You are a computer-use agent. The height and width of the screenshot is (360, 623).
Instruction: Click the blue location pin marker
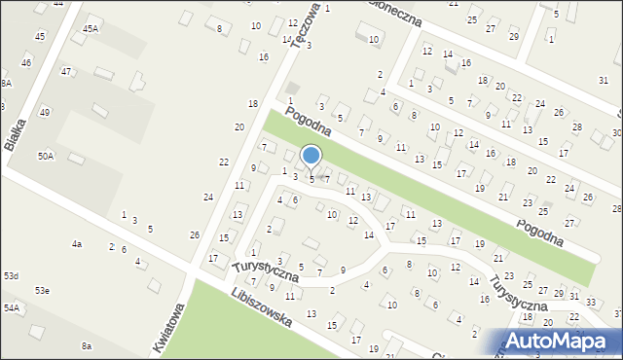pyautogui.click(x=311, y=156)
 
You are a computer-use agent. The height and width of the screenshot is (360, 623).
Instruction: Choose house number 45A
pyautogui.click(x=91, y=29)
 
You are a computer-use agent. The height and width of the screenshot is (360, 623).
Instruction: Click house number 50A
pyautogui.click(x=46, y=156)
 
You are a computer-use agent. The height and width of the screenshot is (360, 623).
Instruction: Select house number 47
pyautogui.click(x=66, y=71)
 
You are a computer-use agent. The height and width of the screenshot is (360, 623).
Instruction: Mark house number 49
pyautogui.click(x=44, y=113)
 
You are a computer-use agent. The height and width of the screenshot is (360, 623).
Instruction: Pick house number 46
pyautogui.click(x=26, y=62)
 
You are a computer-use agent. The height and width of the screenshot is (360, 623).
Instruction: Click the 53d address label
pyautogui.click(x=11, y=276)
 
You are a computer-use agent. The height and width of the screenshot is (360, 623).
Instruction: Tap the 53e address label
pyautogui.click(x=43, y=290)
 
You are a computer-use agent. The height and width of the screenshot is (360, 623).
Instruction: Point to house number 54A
pyautogui.click(x=11, y=307)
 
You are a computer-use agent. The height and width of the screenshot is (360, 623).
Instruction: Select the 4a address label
pyautogui.click(x=77, y=243)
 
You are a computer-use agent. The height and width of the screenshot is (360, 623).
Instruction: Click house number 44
pyautogui.click(x=58, y=4)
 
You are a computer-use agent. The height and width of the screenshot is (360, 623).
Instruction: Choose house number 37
pyautogui.click(x=618, y=313)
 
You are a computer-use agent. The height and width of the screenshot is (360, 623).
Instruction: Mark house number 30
pyautogui.click(x=616, y=132)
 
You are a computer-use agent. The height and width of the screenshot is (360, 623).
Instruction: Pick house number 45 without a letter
pyautogui.click(x=40, y=36)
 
